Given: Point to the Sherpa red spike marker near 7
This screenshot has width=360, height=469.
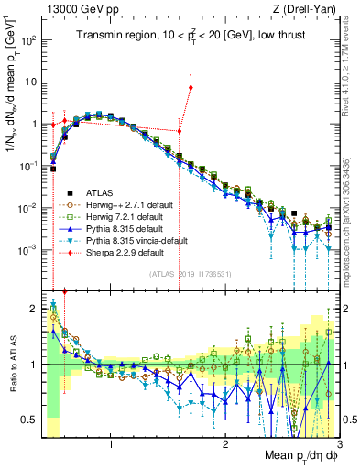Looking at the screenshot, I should click(x=191, y=88).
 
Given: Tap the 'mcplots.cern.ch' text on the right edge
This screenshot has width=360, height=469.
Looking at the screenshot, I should click(x=352, y=229).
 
